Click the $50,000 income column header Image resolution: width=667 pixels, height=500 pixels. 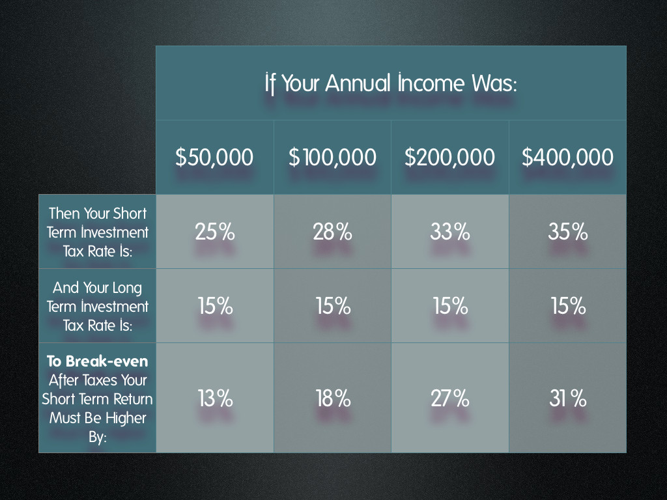214,157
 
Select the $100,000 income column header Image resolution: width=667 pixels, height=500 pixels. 332,157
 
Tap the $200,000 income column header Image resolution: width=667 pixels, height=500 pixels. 449,157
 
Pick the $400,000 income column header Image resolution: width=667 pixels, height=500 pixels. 567,157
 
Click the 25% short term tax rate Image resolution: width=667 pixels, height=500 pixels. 215,232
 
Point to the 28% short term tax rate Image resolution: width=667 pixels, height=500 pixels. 332,232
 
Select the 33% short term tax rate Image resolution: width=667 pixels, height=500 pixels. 449,232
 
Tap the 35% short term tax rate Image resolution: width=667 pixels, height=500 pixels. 567,232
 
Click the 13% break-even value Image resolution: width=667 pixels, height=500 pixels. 215,399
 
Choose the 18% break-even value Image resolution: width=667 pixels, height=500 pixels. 333,399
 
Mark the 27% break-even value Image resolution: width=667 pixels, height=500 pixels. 450,399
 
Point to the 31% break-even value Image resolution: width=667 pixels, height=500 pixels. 568,399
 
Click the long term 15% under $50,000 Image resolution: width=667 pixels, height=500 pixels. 215,306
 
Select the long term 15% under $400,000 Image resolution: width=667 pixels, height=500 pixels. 568,306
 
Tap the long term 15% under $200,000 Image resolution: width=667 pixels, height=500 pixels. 451,306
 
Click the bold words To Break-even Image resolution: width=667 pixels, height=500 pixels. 98,361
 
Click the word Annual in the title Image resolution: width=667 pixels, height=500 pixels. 358,83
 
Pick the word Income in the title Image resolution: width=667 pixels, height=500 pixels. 431,83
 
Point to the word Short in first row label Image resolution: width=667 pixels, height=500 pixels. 130,213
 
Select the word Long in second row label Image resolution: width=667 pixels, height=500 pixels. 127,288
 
